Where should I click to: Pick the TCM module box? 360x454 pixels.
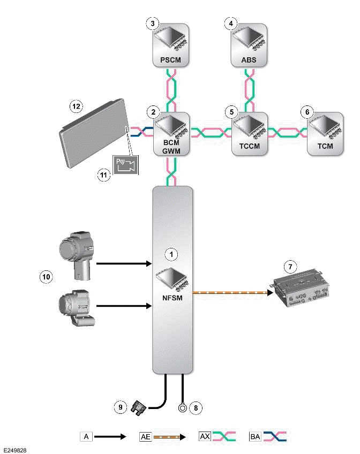coord(325,134)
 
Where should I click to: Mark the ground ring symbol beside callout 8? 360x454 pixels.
coord(183,408)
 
